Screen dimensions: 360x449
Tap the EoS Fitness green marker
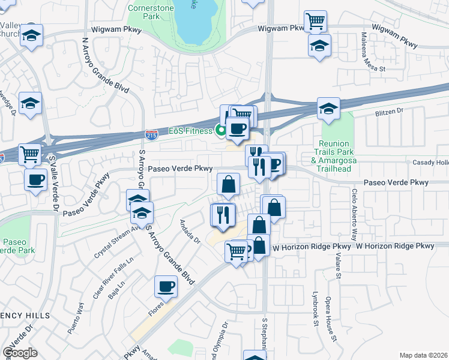[221, 130]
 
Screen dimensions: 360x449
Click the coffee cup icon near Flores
[166, 287]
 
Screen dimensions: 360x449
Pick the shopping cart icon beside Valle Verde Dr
[29, 155]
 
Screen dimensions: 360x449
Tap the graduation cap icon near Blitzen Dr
[328, 109]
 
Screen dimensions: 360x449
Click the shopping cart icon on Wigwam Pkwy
[315, 22]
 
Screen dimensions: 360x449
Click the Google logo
[20, 353]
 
